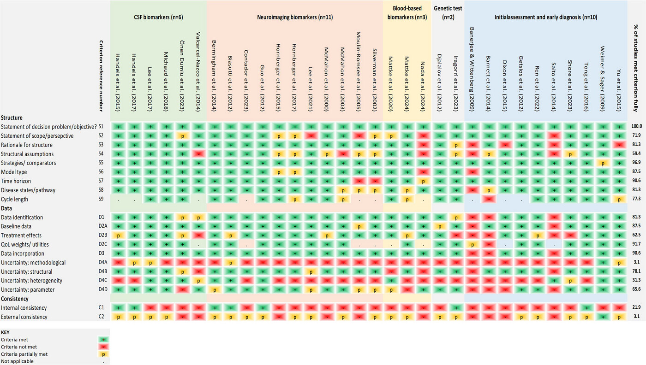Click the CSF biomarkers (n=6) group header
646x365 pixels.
(158, 17)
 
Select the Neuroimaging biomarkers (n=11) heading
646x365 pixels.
(295, 17)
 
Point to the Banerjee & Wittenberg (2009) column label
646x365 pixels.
(471, 69)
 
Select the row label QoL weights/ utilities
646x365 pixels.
(25, 244)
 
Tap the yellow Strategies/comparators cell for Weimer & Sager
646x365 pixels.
(601, 163)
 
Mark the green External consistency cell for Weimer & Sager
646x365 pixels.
(601, 317)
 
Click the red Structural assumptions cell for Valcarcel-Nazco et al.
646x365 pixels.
(198, 154)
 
